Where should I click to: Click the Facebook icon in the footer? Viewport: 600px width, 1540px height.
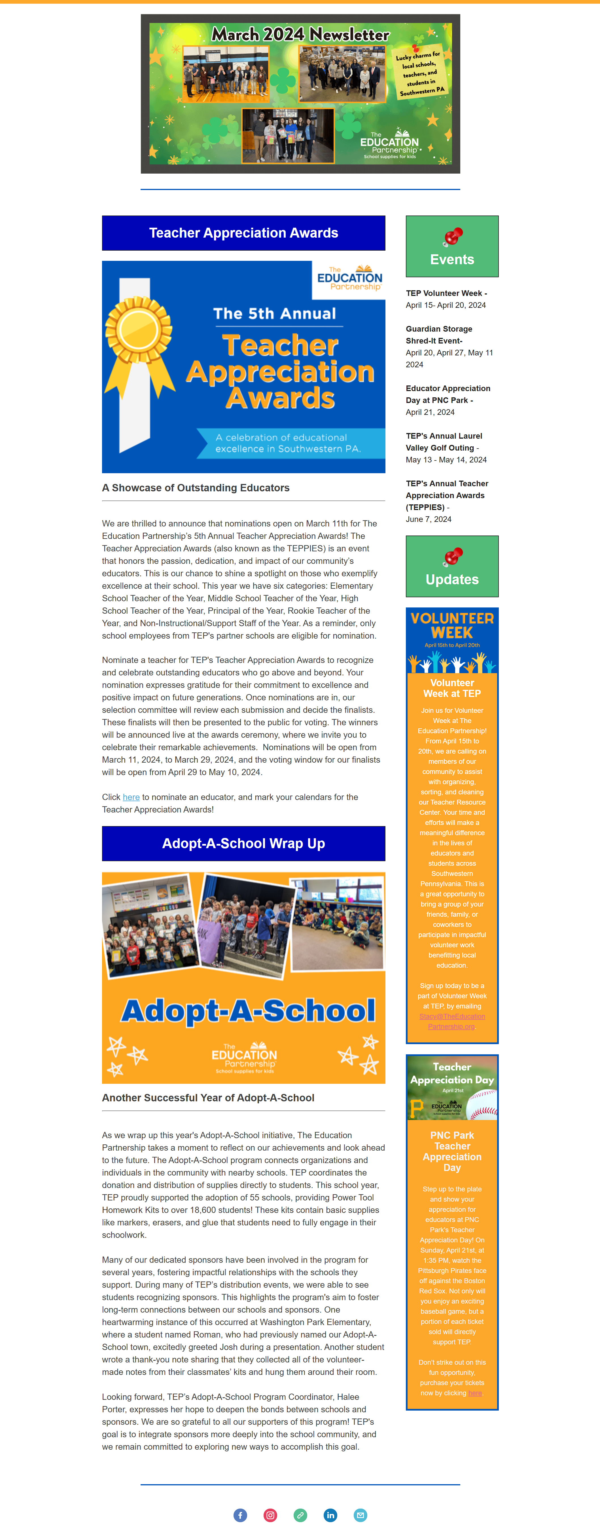click(240, 1514)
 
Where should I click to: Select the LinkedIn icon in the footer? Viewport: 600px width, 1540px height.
click(330, 1514)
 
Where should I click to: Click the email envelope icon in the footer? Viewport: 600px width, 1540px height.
click(360, 1514)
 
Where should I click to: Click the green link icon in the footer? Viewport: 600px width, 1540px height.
click(300, 1514)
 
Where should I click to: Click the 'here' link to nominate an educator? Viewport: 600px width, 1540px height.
click(131, 797)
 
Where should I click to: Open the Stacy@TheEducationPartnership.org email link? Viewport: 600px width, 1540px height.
click(452, 1021)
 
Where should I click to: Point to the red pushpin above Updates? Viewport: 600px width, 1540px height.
click(453, 556)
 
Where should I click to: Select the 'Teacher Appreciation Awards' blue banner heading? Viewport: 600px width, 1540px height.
click(243, 233)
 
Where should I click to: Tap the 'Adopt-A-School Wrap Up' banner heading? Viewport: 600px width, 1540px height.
click(243, 844)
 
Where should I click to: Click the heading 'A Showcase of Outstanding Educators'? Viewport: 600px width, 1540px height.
click(196, 488)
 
